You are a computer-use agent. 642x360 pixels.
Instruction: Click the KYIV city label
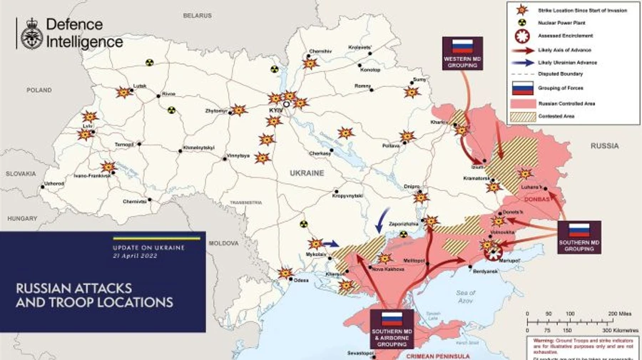276,112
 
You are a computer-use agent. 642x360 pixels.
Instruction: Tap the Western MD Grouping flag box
462,53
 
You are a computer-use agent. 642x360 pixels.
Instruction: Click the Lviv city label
88,126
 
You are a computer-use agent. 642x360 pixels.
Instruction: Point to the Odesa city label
301,280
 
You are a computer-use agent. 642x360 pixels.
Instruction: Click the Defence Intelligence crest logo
31,34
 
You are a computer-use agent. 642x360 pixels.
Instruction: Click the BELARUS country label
197,14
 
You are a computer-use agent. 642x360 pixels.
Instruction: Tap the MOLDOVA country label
223,243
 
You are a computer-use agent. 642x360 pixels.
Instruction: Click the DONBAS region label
537,200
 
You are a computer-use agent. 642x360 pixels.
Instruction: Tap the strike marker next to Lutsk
123,93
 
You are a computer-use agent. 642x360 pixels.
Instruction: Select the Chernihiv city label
321,51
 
